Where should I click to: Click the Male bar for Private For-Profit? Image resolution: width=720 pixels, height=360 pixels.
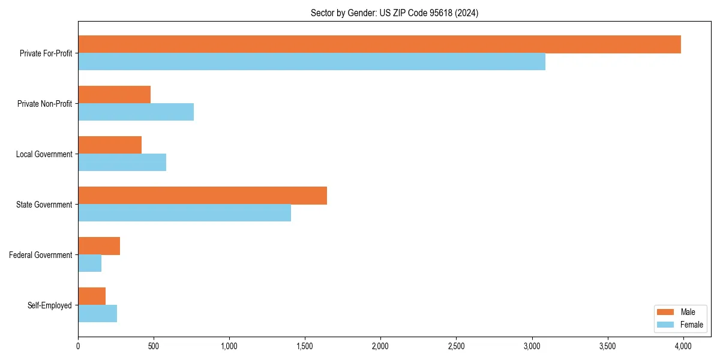coord(379,44)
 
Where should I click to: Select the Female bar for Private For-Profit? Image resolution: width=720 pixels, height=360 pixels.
coord(311,62)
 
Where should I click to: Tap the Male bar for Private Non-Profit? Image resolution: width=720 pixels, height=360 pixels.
coord(114,95)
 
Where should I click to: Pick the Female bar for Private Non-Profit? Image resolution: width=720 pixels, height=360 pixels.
coord(136,112)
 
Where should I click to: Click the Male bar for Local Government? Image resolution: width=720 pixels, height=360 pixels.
coord(110,145)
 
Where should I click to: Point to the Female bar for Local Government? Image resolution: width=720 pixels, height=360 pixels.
coord(122,163)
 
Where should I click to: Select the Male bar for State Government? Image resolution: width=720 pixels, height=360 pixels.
coord(202,196)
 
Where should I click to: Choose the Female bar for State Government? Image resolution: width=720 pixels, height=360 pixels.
coord(184,213)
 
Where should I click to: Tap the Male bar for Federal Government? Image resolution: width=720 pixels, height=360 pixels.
coord(99,246)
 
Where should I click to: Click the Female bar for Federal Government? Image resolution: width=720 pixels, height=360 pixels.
coord(89,263)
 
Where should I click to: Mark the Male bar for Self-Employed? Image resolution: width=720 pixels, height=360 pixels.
coord(92,296)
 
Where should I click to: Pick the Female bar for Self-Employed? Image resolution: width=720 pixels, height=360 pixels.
coord(97,314)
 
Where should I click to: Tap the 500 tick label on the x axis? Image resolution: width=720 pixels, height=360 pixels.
coord(154,346)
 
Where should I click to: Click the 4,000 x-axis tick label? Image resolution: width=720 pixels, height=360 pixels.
coord(683,346)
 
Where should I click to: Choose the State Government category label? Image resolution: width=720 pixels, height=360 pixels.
coord(44,205)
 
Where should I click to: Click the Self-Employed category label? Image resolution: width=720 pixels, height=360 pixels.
coord(49,305)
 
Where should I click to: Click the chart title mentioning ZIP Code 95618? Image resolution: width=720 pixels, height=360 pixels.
coord(394,13)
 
